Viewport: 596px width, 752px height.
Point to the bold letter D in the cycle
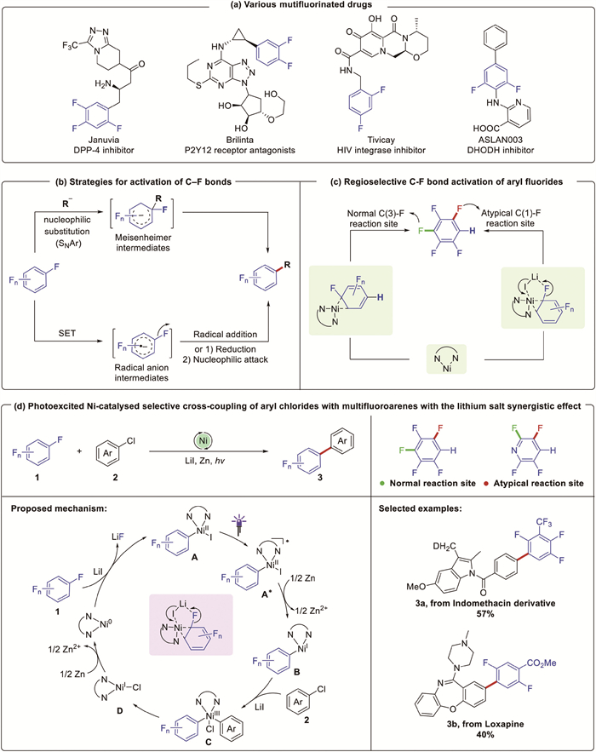pyautogui.click(x=83, y=684)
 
